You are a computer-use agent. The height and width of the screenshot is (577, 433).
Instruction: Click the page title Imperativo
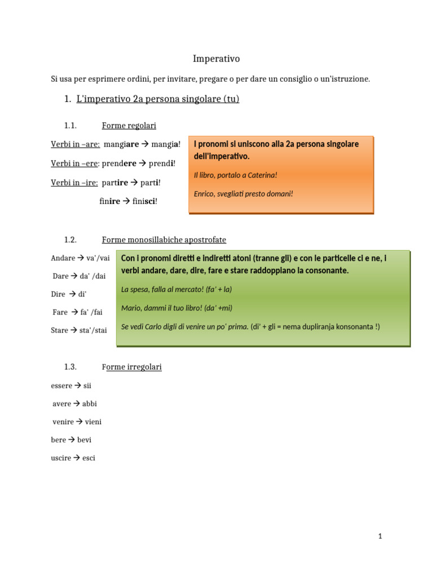tap(216, 59)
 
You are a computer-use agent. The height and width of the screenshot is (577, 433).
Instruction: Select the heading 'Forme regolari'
tap(129, 126)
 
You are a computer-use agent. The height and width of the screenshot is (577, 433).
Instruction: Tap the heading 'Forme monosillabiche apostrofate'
tap(164, 239)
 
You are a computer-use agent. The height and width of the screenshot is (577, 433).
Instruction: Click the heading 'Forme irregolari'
tap(131, 367)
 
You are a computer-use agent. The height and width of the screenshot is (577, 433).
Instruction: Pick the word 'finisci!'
tap(145, 201)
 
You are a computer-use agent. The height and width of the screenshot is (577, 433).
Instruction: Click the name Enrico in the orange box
tap(204, 194)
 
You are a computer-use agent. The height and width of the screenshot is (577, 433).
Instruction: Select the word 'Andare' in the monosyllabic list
tap(63, 258)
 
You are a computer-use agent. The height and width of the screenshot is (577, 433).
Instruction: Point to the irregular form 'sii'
tap(87, 386)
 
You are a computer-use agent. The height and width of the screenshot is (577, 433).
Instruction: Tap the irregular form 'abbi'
tap(90, 404)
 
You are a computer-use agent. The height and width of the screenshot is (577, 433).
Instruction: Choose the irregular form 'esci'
tap(89, 458)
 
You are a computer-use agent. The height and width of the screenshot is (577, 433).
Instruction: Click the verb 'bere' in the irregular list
tap(58, 440)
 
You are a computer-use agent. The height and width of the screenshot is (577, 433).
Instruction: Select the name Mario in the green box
tap(131, 308)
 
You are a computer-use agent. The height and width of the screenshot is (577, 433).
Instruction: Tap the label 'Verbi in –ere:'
tap(75, 163)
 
